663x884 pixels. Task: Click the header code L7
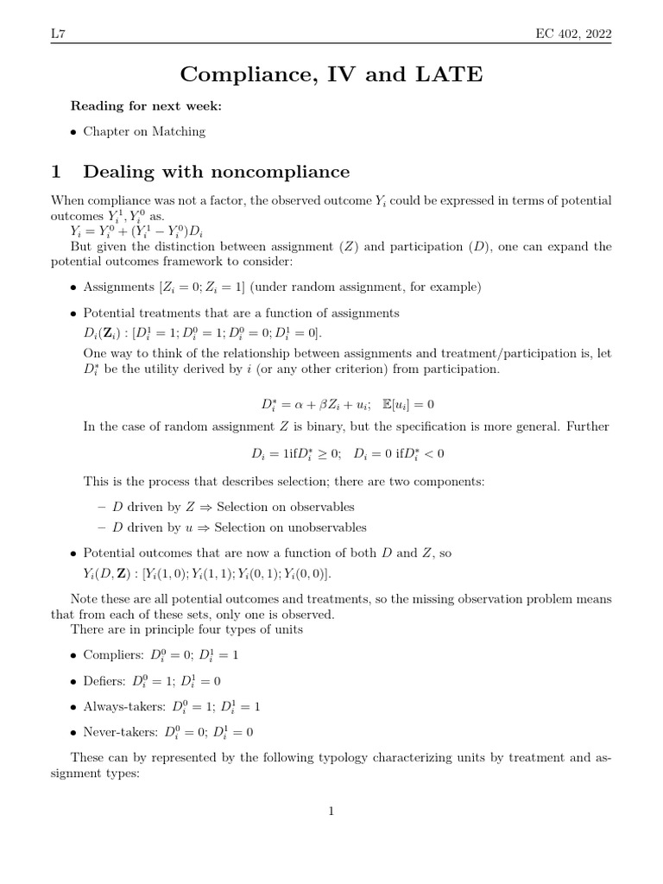pos(59,34)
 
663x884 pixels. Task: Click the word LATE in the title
pos(449,76)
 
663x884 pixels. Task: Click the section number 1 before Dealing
pos(58,171)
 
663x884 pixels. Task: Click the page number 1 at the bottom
pos(331,811)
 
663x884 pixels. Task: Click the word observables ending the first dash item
pos(316,508)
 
